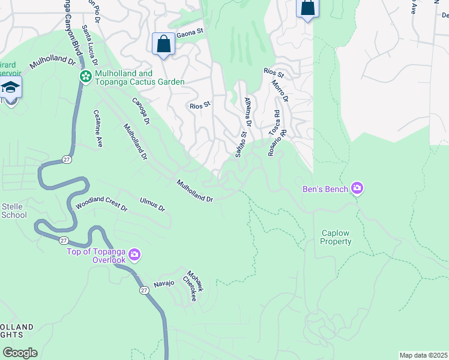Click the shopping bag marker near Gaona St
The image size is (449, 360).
[163, 44]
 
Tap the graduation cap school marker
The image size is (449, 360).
[10, 88]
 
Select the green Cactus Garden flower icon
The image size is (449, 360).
[86, 76]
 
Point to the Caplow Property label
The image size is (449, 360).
[336, 237]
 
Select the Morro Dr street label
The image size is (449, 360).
[279, 91]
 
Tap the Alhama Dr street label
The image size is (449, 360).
[248, 112]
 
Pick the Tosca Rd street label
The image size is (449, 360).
[274, 122]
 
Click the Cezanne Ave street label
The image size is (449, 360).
[98, 128]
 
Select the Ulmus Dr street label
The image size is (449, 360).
[152, 204]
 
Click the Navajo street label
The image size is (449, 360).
[163, 283]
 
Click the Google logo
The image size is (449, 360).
[20, 352]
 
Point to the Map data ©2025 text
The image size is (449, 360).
[423, 355]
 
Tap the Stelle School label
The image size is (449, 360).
[13, 211]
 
